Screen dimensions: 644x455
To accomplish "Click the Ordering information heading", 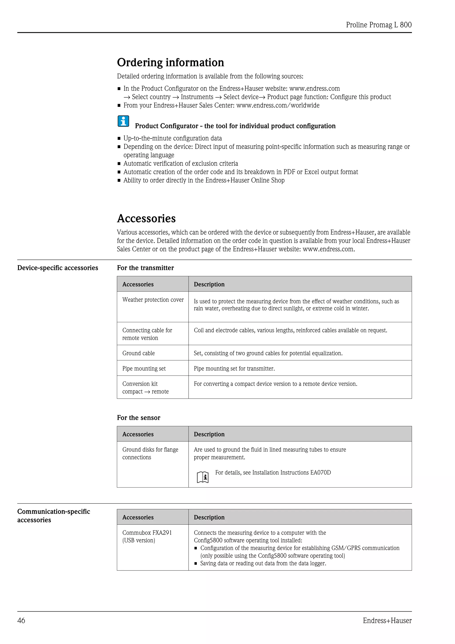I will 170,62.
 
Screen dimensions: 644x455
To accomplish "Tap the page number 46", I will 21,620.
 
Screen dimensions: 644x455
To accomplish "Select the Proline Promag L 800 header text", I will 379,25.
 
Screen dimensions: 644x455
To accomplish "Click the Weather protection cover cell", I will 153,300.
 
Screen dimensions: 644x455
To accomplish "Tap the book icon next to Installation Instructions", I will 203,477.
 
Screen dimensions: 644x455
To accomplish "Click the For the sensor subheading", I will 138,418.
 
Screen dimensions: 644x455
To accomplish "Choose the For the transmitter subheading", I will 145,268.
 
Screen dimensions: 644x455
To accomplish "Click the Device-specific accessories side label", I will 58,268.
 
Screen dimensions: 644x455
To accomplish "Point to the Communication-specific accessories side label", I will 54,516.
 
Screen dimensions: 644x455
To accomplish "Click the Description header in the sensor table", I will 209,434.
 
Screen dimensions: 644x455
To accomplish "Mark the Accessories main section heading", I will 146,218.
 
